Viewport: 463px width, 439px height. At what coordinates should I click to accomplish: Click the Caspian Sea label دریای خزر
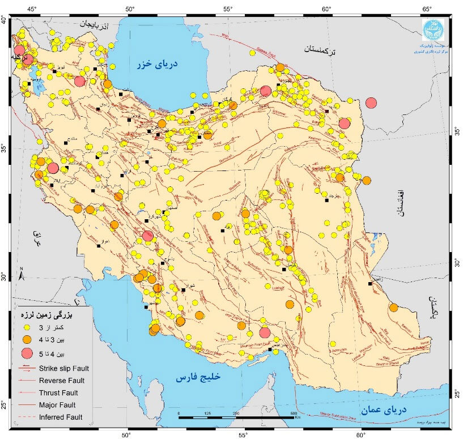tap(157, 65)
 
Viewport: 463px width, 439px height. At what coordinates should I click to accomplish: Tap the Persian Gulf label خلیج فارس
tap(198, 377)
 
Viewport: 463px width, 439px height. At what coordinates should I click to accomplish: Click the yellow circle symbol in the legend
tap(26, 327)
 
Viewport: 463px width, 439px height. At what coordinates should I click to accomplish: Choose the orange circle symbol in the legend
tap(26, 340)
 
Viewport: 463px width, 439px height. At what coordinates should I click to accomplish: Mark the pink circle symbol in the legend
tap(26, 354)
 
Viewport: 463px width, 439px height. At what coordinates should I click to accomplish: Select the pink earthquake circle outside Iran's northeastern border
tap(371, 103)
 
